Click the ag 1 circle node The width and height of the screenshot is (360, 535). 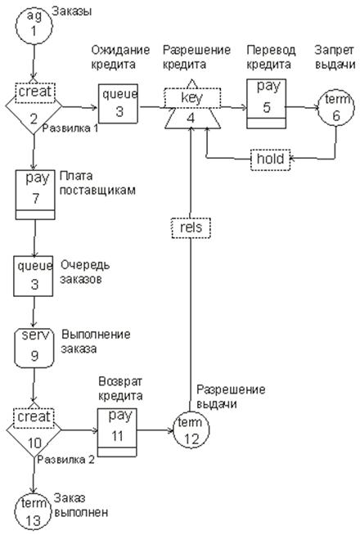[x=34, y=26]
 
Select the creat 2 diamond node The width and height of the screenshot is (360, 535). [x=34, y=108]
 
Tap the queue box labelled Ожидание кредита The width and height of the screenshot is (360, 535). [x=119, y=103]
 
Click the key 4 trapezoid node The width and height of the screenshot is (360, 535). [x=192, y=108]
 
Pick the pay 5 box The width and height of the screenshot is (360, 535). [x=267, y=103]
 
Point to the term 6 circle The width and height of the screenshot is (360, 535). [x=335, y=108]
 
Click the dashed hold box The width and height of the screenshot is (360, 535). [x=270, y=159]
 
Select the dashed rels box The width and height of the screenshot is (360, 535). [x=191, y=227]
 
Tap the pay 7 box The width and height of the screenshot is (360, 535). [x=35, y=195]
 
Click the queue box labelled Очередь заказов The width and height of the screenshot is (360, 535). [x=34, y=276]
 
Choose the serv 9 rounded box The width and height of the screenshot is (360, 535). [x=34, y=348]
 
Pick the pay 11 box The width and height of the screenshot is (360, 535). [x=117, y=432]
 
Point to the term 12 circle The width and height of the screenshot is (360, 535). [x=191, y=430]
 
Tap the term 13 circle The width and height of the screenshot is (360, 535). [x=33, y=512]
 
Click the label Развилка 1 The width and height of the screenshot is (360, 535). [x=70, y=128]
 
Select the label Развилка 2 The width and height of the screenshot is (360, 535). [x=65, y=460]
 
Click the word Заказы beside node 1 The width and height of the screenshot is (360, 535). [x=72, y=11]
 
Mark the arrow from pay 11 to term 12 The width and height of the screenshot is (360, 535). [x=155, y=430]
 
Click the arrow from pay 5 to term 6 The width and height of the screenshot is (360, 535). [x=302, y=107]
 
